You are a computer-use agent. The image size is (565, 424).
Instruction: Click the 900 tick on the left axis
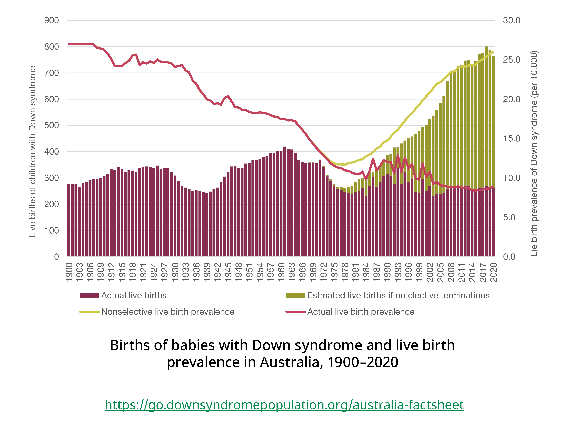51,21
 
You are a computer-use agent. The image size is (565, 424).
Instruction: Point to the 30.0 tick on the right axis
511,21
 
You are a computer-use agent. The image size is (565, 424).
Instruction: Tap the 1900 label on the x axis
69,272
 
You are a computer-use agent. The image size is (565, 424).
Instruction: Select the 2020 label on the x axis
493,272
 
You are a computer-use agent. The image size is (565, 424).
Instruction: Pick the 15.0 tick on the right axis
511,139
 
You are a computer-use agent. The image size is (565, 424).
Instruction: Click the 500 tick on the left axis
51,126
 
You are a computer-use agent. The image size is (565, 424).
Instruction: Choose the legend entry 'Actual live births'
134,295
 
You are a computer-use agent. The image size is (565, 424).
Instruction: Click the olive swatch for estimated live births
295,295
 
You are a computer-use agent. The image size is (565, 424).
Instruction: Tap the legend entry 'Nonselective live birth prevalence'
167,312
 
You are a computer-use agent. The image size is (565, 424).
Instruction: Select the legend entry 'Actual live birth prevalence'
361,312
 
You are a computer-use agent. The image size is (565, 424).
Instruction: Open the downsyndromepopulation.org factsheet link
284,405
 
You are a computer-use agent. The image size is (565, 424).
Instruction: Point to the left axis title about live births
32,152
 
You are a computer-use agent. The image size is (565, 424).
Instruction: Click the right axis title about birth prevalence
534,153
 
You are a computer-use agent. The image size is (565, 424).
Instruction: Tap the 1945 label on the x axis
228,272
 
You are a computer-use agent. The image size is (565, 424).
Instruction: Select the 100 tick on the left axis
51,230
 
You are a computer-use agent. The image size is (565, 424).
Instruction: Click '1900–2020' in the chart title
363,362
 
